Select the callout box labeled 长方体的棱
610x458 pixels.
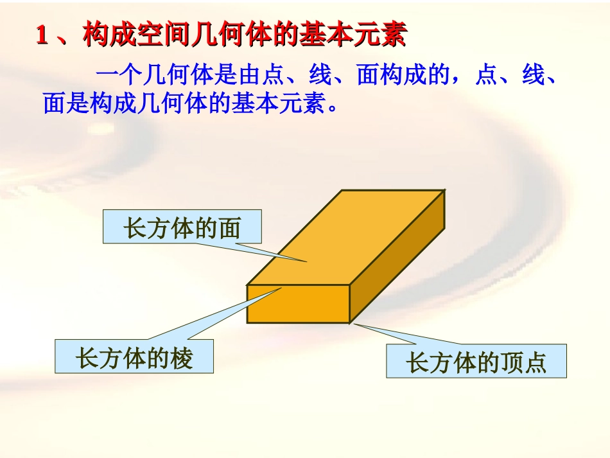tap(134, 357)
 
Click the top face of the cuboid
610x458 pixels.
tap(347, 238)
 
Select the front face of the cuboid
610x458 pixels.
tap(299, 304)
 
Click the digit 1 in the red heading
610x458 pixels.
tap(42, 36)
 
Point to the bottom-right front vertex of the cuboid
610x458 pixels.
tap(350, 322)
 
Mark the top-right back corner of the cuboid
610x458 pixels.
tap(444, 190)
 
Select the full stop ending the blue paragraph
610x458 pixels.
tap(332, 107)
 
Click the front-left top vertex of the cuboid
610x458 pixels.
tap(248, 285)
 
